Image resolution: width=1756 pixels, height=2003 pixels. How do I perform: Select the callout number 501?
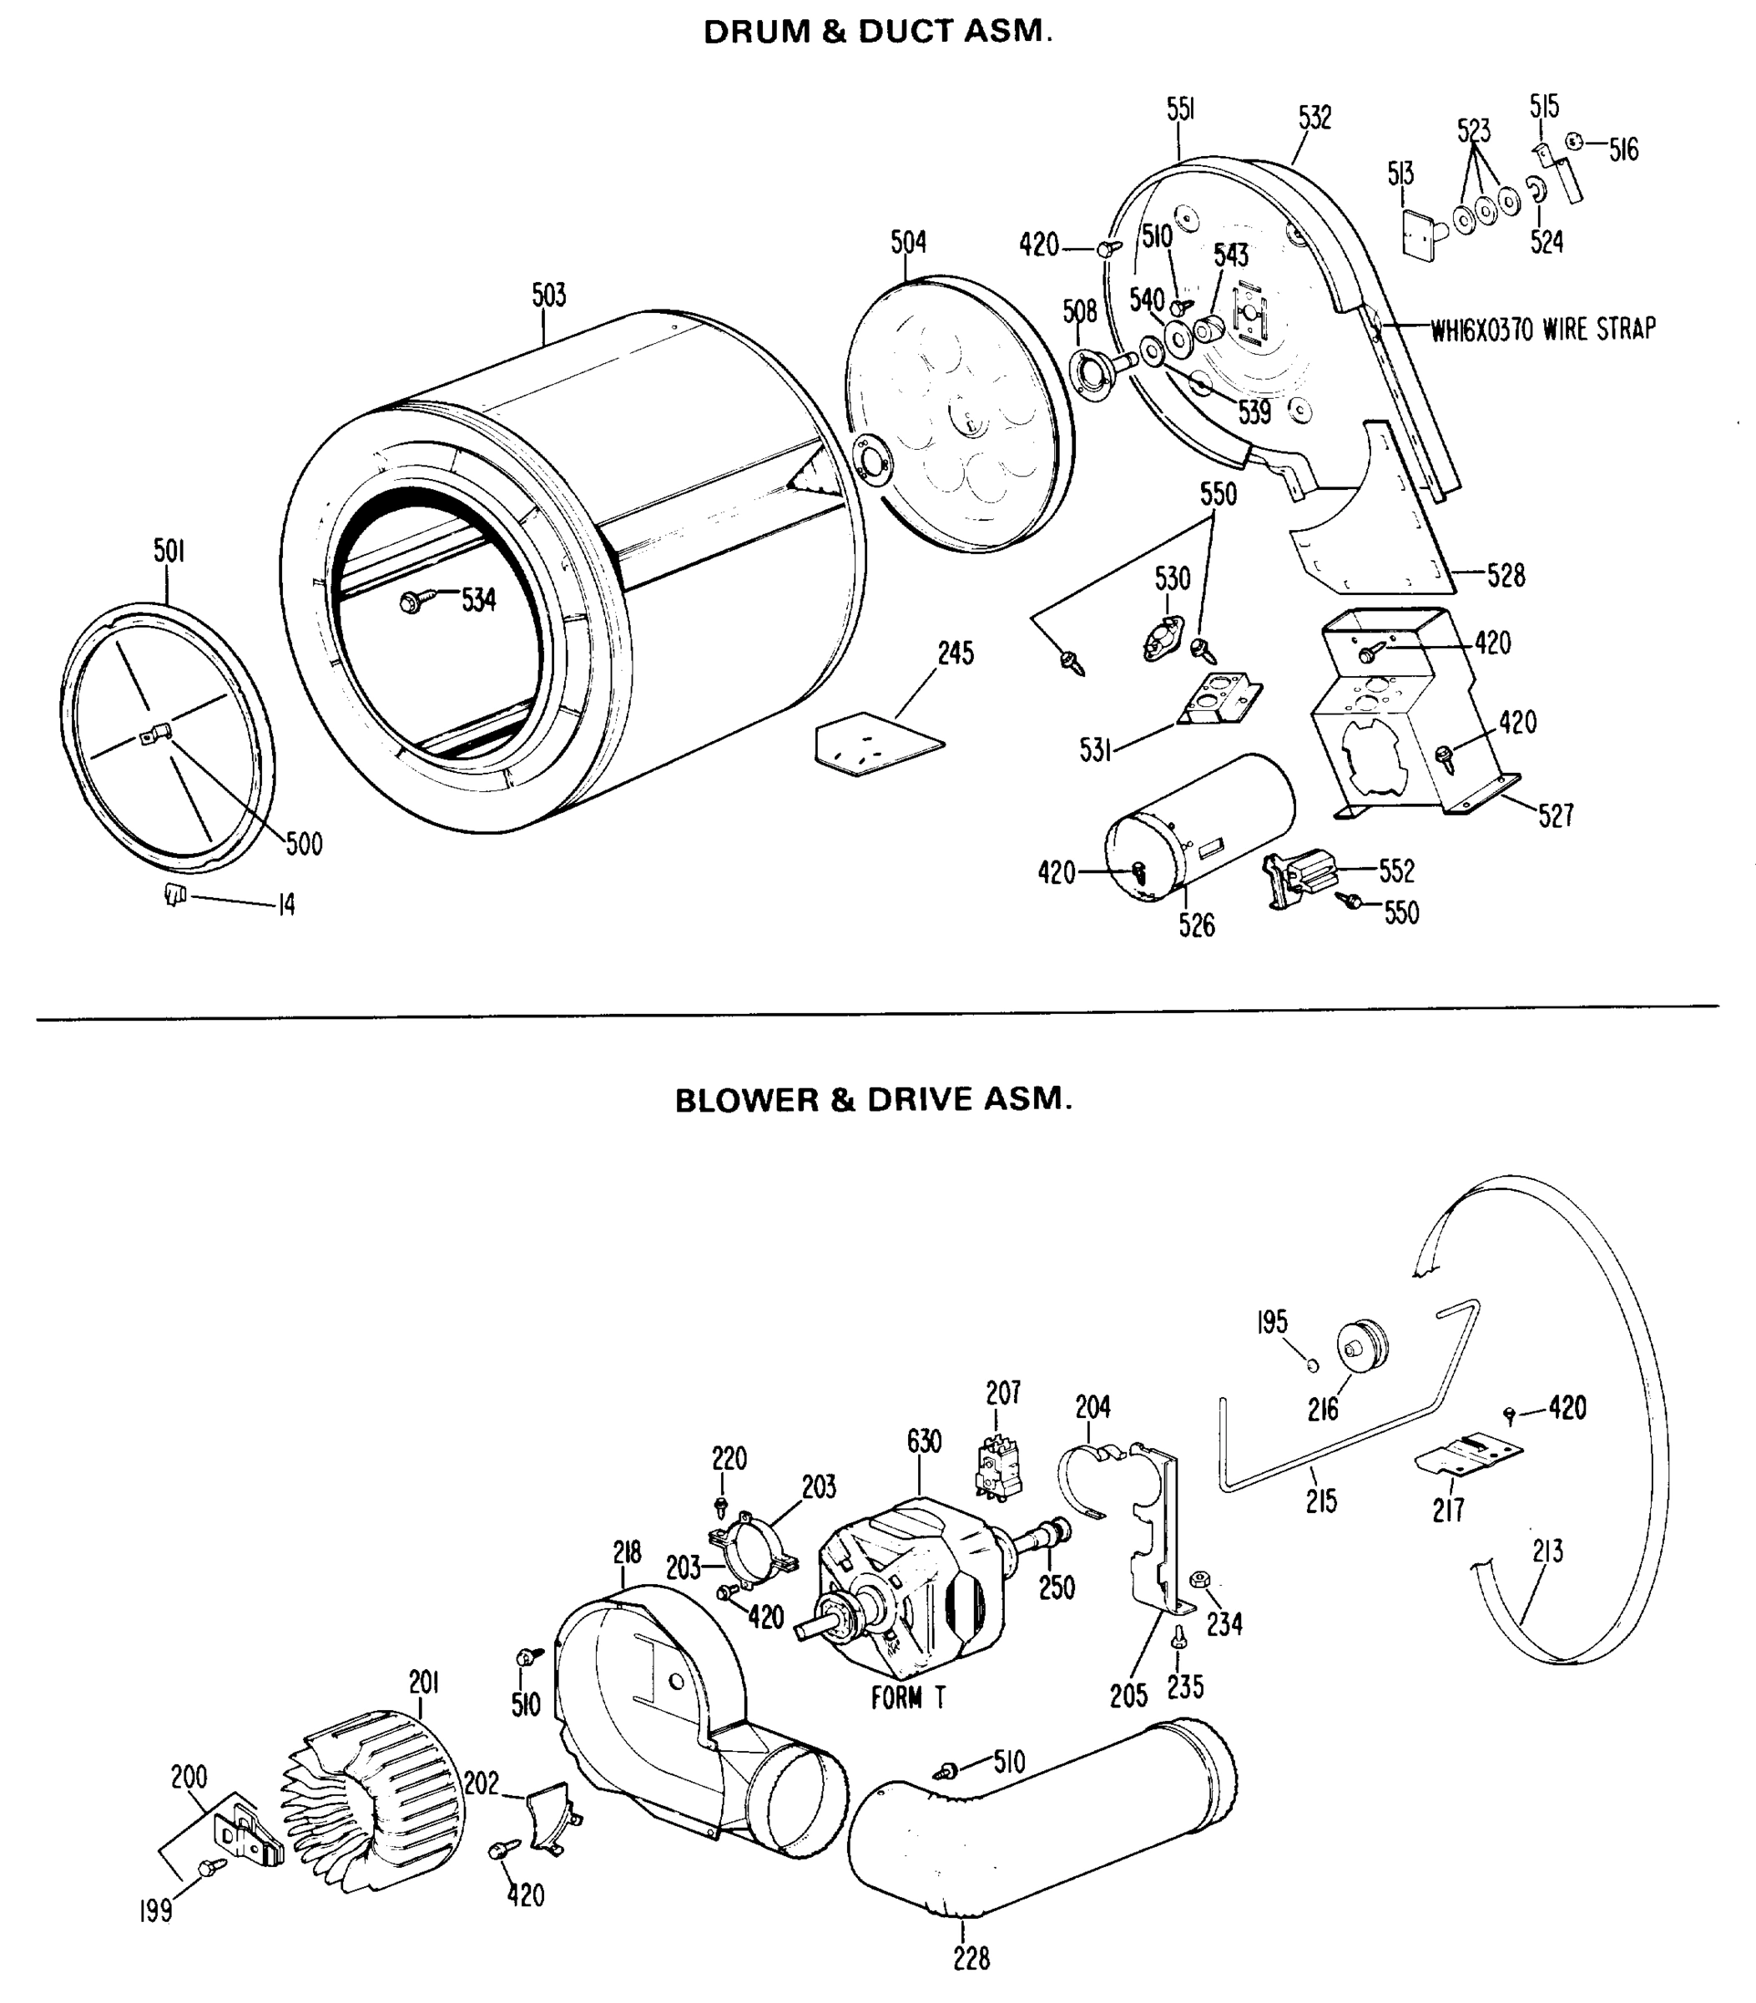coord(169,552)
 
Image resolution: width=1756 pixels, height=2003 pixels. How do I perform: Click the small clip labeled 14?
coord(175,894)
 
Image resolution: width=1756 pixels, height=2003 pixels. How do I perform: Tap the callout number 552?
coord(1396,870)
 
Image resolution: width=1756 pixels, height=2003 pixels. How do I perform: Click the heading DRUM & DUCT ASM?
coord(878,33)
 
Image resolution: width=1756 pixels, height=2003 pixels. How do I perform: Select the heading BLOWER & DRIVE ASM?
coord(873,1099)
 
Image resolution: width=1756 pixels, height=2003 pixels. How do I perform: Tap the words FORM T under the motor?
coord(908,1698)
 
